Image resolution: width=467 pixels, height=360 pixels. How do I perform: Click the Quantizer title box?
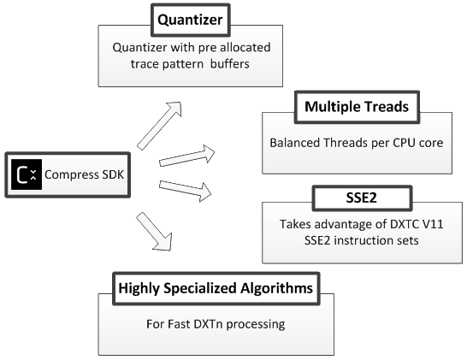191,21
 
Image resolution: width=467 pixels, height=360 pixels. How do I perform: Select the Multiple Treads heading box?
358,107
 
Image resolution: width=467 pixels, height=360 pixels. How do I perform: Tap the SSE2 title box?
362,198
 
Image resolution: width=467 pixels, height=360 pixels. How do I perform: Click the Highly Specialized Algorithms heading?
216,288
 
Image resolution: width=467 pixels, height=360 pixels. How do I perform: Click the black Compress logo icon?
27,174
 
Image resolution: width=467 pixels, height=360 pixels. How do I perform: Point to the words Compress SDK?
85,174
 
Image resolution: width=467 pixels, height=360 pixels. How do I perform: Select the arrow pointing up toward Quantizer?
160,126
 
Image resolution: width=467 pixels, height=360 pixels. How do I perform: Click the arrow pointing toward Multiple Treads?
187,156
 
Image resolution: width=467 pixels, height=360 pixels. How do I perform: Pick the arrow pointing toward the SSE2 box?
186,191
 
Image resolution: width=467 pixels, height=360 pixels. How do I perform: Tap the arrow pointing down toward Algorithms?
154,232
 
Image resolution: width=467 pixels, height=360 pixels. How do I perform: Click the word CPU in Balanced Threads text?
405,143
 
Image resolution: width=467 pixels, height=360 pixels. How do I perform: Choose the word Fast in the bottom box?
180,324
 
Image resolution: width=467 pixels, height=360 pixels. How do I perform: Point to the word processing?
256,325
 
